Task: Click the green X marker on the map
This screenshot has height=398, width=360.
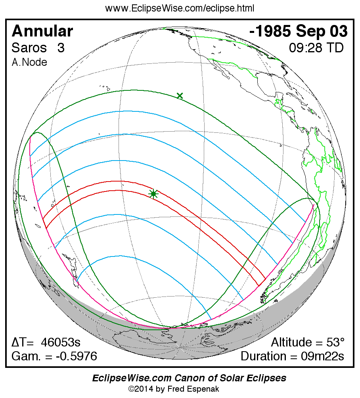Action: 180,96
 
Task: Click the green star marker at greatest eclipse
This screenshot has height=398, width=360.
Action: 153,193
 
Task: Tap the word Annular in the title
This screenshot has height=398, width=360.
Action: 42,31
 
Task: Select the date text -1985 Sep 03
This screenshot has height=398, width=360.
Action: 299,31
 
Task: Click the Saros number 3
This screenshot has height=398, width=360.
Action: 61,48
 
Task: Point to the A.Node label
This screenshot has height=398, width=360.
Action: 29,62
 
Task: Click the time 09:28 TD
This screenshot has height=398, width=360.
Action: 316,48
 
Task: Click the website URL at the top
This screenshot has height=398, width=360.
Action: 180,8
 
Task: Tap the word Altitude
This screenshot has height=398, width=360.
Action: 292,343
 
